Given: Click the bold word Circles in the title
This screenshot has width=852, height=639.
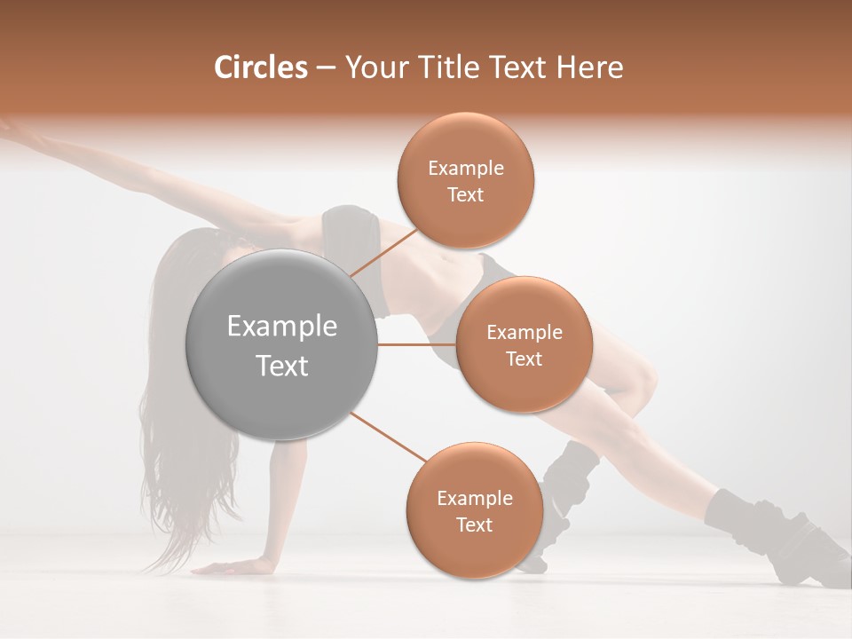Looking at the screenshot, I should click(260, 67).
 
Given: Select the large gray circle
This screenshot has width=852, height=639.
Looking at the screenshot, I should click(282, 344).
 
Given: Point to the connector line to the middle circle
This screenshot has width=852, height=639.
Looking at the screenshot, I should click(416, 344).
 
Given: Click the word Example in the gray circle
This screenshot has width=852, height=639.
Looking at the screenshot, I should click(282, 327).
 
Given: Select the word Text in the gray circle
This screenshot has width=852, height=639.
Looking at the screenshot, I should click(282, 366).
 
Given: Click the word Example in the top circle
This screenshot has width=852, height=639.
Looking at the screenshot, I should click(466, 169).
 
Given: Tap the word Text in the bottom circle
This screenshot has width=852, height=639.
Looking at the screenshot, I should click(474, 525).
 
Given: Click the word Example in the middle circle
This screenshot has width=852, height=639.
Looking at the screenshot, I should click(525, 333).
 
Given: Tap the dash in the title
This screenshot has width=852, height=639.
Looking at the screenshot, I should click(326, 68).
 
